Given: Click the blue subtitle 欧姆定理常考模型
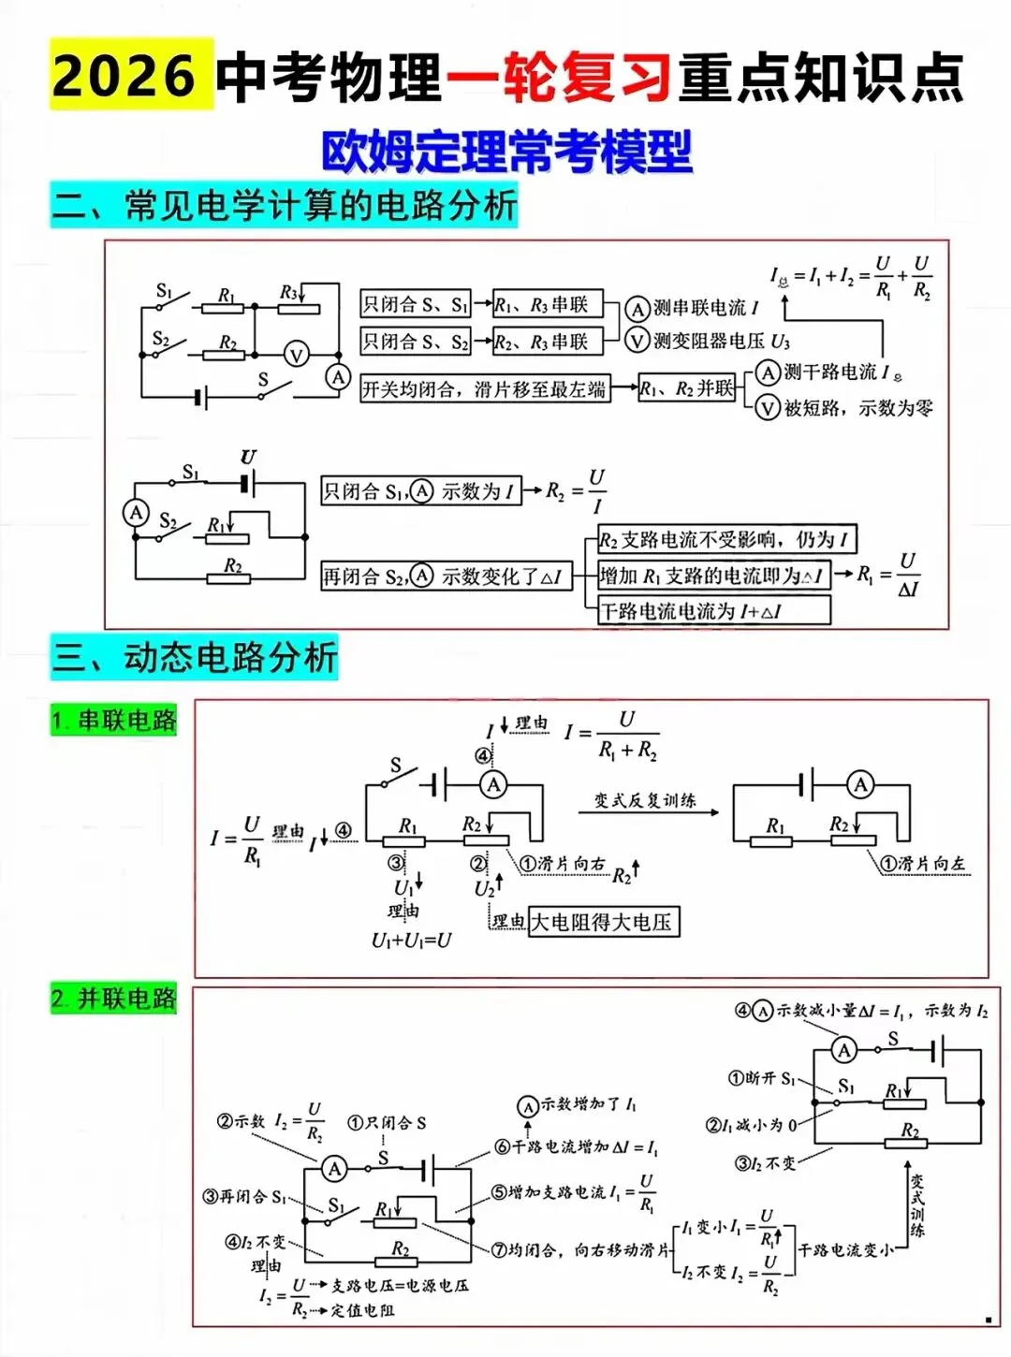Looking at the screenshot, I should [506, 152].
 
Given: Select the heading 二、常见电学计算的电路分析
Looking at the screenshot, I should [284, 206].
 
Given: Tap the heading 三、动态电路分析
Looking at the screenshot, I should [194, 657].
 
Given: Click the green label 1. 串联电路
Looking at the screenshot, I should [114, 720].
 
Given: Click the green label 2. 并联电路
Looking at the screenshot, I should [114, 999].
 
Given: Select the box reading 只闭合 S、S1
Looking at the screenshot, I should [416, 304].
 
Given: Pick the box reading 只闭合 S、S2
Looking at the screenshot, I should [416, 342].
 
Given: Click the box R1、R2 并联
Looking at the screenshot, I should [686, 388].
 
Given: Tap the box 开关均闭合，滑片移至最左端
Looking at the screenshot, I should [484, 388].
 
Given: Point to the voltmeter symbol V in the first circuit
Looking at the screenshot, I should [297, 355].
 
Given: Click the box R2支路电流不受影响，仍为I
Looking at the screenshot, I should [726, 539].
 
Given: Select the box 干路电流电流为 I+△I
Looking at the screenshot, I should [713, 611].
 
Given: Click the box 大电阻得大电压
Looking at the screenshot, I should [603, 922].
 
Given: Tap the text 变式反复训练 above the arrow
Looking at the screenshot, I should [645, 800].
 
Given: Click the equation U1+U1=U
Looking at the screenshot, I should [411, 940].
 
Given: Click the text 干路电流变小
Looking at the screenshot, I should [845, 1249].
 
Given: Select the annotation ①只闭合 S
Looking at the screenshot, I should [387, 1122].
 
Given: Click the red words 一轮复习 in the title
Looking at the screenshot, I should [559, 77].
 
